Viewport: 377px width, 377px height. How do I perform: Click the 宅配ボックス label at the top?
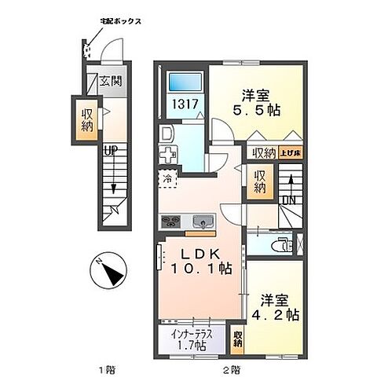point(120,21)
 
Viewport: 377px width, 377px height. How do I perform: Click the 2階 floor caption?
point(225,368)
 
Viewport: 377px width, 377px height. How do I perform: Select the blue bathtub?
point(186,82)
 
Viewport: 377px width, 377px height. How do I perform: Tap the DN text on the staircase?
point(288,201)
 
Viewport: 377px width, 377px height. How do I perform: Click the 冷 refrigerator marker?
point(168,178)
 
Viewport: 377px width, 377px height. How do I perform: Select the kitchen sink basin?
point(199,221)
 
